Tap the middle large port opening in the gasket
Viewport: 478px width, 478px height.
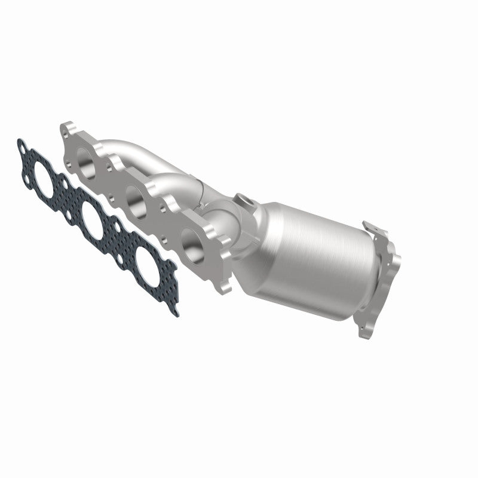pos(93,217)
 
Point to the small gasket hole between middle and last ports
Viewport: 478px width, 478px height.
pos(118,243)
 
